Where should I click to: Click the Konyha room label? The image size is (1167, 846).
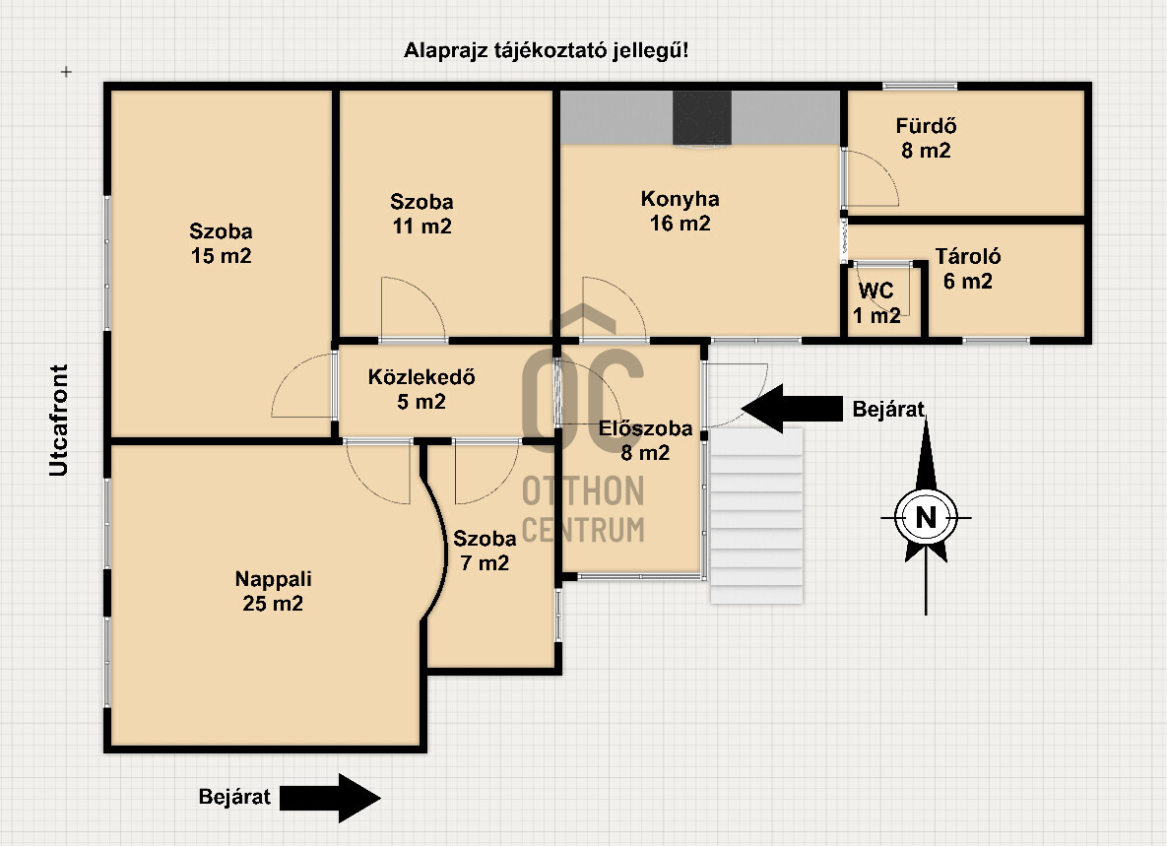pyautogui.click(x=680, y=211)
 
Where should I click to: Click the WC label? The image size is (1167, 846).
pyautogui.click(x=876, y=302)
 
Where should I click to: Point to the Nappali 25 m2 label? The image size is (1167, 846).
pyautogui.click(x=273, y=591)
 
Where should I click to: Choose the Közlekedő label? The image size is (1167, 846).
pyautogui.click(x=421, y=388)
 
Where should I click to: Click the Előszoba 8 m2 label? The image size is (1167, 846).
pyautogui.click(x=645, y=440)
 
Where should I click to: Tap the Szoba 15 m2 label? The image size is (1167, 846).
pyautogui.click(x=221, y=244)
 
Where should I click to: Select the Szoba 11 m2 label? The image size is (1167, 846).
pyautogui.click(x=421, y=214)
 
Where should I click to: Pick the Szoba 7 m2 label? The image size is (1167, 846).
pyautogui.click(x=484, y=551)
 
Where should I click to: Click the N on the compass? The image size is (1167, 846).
pyautogui.click(x=925, y=516)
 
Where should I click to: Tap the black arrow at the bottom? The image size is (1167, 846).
pyautogui.click(x=329, y=797)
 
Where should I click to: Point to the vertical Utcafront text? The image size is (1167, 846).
pyautogui.click(x=60, y=421)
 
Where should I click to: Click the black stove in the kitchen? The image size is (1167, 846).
pyautogui.click(x=702, y=117)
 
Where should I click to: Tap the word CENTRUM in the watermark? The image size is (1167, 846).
pyautogui.click(x=583, y=529)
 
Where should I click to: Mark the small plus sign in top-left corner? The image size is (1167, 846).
pyautogui.click(x=66, y=72)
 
